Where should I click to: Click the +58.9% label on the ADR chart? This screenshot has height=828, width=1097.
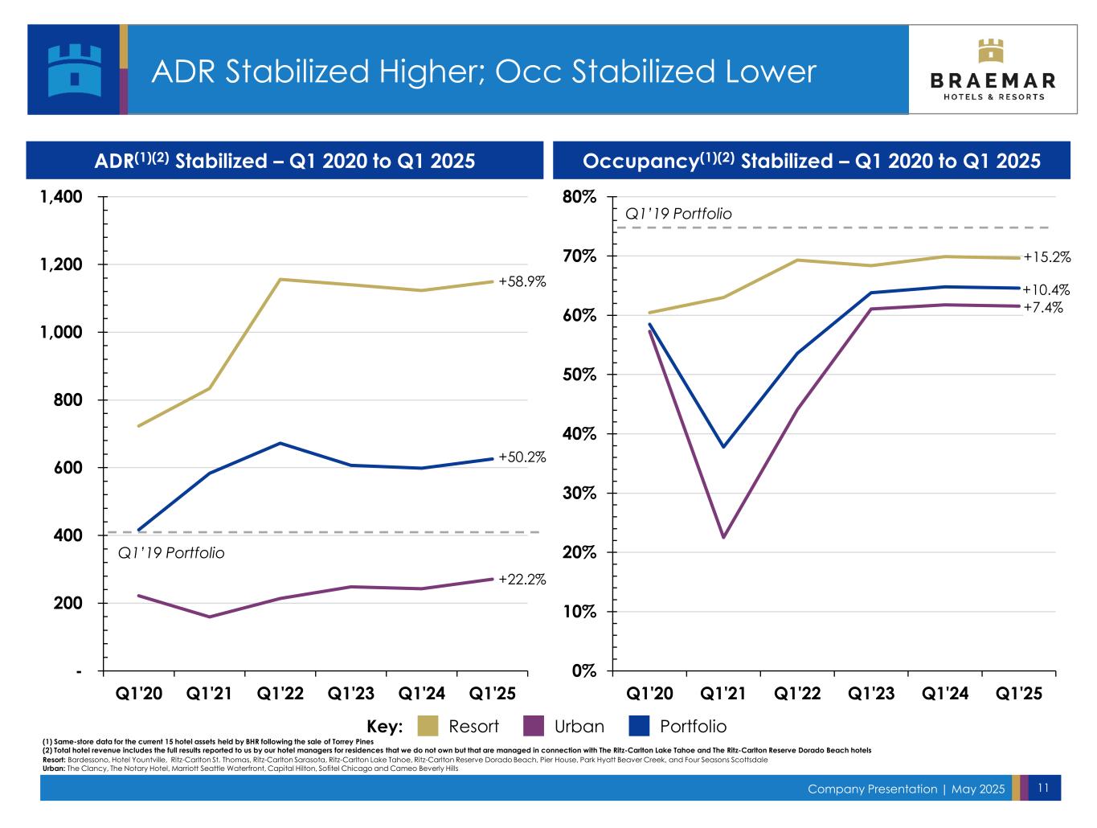tap(522, 281)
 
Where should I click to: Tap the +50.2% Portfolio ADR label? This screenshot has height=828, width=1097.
tap(522, 457)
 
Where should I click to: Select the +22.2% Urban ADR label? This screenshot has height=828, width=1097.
tap(522, 579)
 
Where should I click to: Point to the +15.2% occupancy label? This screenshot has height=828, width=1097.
tap(1046, 257)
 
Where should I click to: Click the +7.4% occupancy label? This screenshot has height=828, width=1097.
tap(1043, 307)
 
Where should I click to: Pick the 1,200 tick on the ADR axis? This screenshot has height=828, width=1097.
tap(59, 265)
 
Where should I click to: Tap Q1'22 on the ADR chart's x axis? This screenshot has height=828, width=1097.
tap(280, 693)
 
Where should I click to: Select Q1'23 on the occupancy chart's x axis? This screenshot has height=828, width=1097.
tap(871, 693)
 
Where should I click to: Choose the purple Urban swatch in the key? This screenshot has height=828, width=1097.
tap(534, 726)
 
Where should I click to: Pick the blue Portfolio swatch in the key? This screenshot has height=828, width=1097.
tap(638, 726)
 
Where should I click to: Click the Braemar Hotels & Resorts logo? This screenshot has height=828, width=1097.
tap(993, 70)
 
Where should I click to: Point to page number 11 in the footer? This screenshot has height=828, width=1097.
tap(1044, 789)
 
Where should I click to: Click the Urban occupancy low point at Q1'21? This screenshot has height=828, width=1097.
tap(722, 537)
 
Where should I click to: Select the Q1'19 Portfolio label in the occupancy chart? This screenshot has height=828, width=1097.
tap(678, 214)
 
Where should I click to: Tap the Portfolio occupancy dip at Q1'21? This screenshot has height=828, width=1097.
tap(722, 447)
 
